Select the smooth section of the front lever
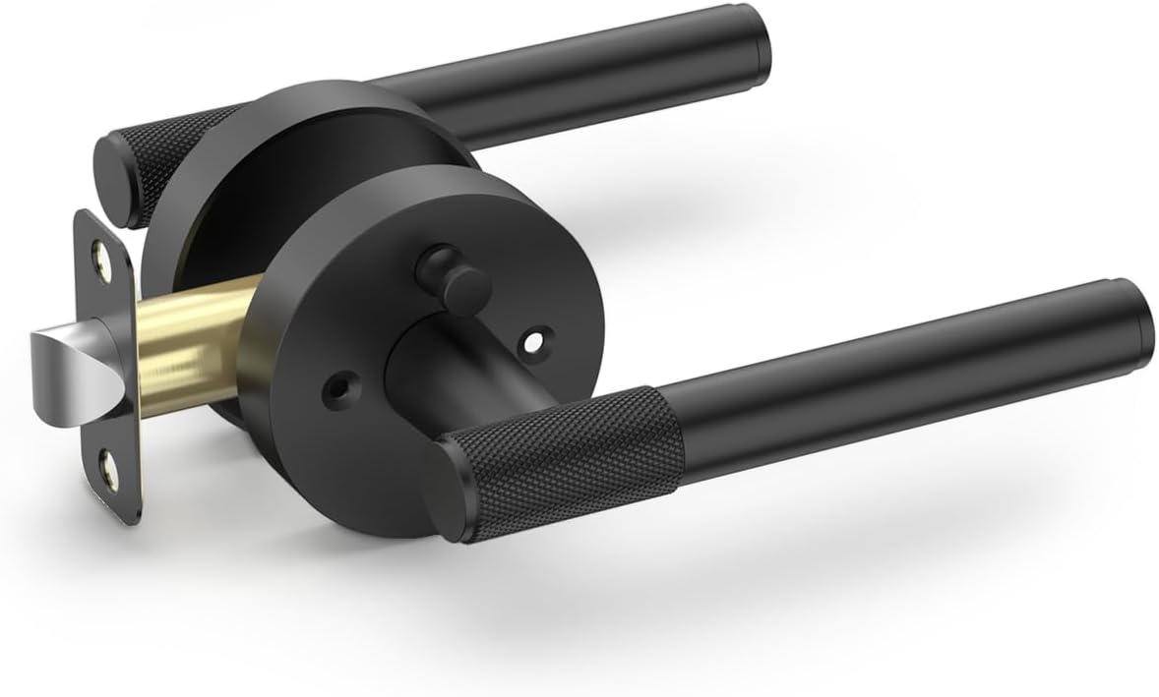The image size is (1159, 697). [x=885, y=369]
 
